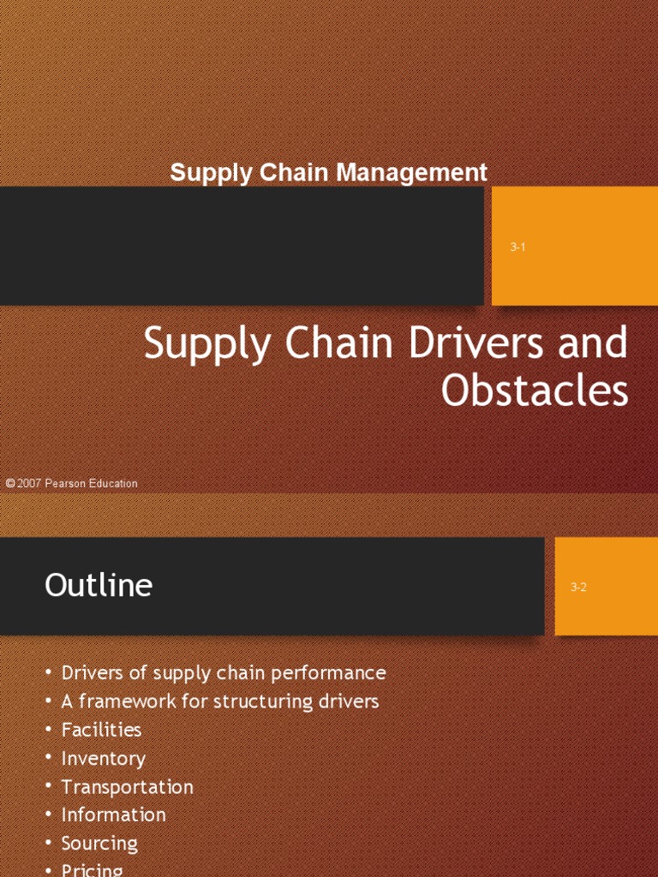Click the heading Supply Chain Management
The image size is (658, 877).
tap(328, 172)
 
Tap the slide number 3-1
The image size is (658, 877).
tap(517, 248)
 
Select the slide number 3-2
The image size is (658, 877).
tap(578, 588)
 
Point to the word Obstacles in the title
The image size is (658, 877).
tap(535, 391)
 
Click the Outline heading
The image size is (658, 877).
tap(99, 586)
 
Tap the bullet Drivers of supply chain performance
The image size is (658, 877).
tap(224, 673)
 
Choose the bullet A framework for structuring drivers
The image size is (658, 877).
tap(220, 701)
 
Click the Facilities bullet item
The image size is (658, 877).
tap(101, 730)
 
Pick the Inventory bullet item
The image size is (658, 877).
tap(103, 758)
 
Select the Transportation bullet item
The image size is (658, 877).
tap(127, 786)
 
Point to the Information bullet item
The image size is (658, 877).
tap(113, 814)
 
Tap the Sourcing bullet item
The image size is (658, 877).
tap(99, 843)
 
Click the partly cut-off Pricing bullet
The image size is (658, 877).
tap(92, 869)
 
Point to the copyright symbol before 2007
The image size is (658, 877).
tap(9, 484)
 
